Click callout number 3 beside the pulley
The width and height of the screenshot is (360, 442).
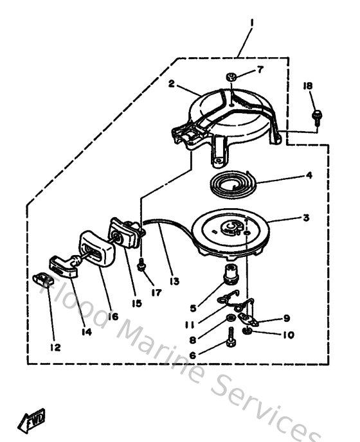tap(306, 218)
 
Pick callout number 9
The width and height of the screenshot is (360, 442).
tap(287, 318)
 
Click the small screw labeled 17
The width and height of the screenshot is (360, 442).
tap(141, 264)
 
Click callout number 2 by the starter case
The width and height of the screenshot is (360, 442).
tap(172, 84)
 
